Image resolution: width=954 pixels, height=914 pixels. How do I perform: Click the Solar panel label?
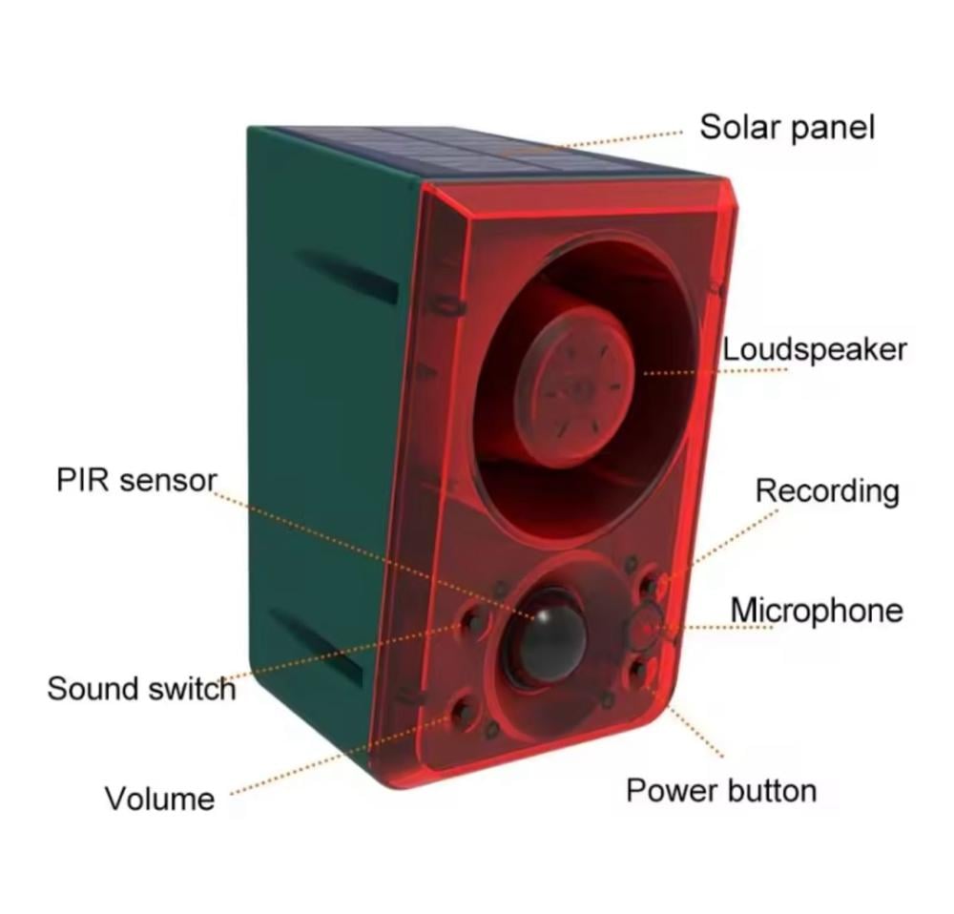pyautogui.click(x=786, y=127)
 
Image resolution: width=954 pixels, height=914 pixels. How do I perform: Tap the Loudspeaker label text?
pyautogui.click(x=813, y=349)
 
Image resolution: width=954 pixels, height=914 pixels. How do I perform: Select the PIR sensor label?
pyautogui.click(x=136, y=480)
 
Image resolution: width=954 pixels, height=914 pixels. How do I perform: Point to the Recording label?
pyautogui.click(x=826, y=490)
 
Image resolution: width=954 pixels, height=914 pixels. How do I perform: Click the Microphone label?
pyautogui.click(x=816, y=610)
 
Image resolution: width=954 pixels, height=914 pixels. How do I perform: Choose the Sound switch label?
pyautogui.click(x=140, y=688)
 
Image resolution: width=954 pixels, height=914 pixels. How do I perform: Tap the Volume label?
pyautogui.click(x=159, y=798)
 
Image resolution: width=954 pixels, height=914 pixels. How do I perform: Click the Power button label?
pyautogui.click(x=720, y=790)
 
